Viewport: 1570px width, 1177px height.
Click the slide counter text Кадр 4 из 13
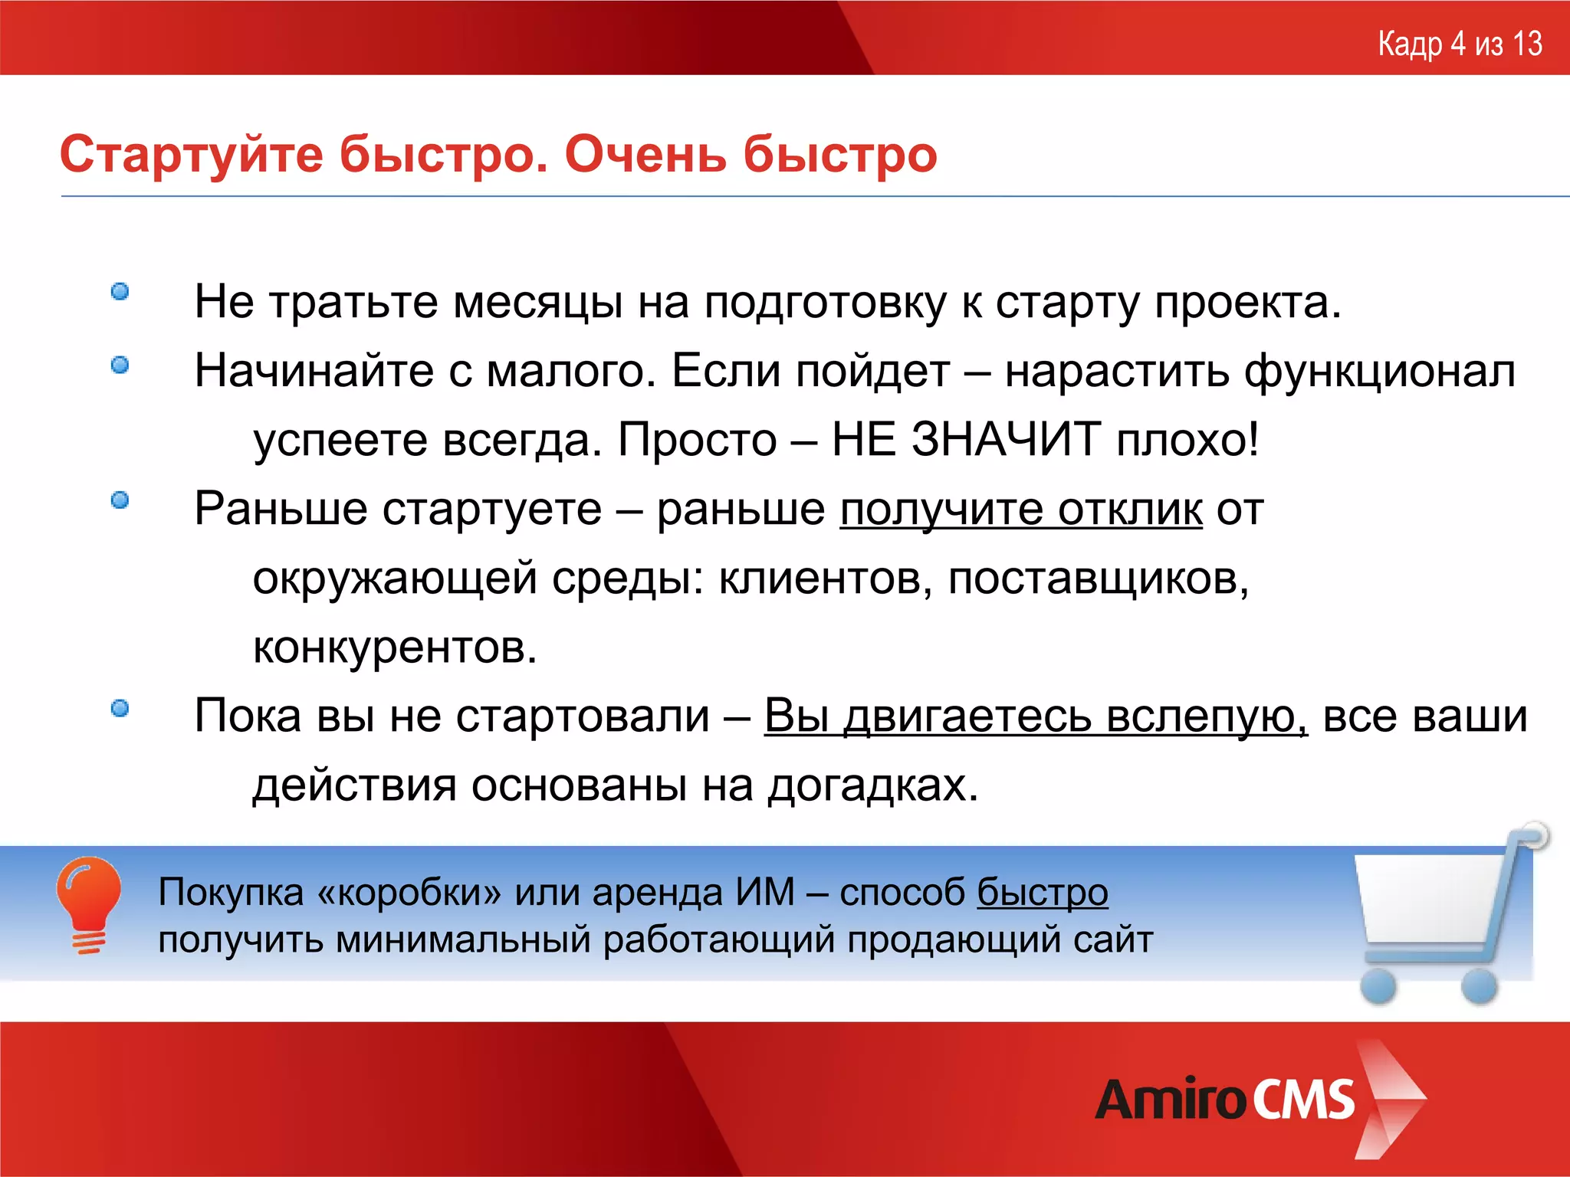tap(1460, 44)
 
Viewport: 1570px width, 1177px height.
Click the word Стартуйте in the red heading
tap(192, 155)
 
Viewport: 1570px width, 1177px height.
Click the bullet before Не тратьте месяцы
tap(120, 292)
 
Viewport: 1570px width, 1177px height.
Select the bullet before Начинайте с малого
tap(120, 366)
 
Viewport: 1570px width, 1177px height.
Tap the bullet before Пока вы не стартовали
tap(120, 709)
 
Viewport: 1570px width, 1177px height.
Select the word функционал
tap(1379, 372)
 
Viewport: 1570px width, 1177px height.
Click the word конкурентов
tap(394, 648)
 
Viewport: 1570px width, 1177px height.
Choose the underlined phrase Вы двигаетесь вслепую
tap(1036, 717)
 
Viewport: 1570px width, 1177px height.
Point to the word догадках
tap(873, 786)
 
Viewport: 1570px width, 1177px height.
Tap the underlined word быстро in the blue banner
tap(1042, 893)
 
